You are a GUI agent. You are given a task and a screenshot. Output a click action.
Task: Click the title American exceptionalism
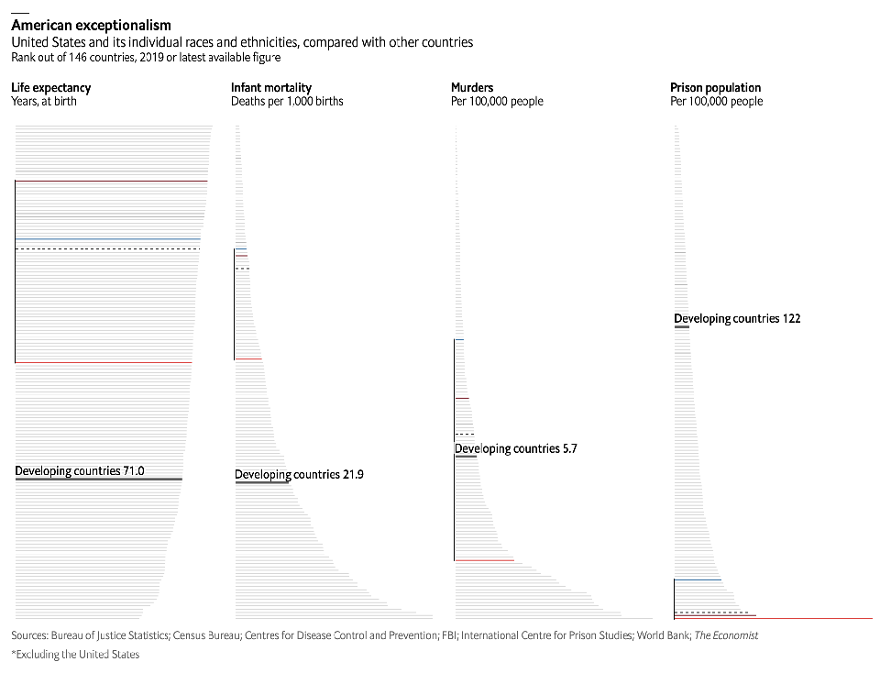tap(91, 26)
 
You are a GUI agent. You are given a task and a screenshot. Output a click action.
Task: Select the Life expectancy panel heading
tap(51, 88)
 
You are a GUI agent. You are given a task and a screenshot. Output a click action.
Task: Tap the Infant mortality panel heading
tap(271, 88)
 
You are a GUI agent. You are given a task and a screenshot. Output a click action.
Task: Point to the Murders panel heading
tap(472, 88)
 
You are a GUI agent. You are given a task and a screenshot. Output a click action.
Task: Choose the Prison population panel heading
tap(716, 88)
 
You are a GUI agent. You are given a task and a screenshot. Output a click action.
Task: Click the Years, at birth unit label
tap(44, 102)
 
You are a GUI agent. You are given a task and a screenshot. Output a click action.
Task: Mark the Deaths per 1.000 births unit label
tap(287, 102)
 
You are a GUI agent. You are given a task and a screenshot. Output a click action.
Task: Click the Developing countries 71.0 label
tap(80, 471)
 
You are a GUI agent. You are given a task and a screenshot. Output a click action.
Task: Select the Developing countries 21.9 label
tap(299, 475)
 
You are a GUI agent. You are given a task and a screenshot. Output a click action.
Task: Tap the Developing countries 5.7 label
tap(516, 449)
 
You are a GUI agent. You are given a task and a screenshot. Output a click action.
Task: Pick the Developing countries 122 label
tap(737, 319)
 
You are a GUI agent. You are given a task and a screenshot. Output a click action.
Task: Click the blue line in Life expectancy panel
tap(107, 239)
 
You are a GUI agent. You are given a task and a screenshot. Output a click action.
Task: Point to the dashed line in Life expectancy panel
tap(107, 248)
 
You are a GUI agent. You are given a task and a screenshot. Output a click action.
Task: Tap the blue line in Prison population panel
tap(698, 580)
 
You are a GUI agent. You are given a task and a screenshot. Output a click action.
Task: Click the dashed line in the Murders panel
tap(464, 434)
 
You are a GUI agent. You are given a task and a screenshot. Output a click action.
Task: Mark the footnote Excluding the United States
tap(75, 655)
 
